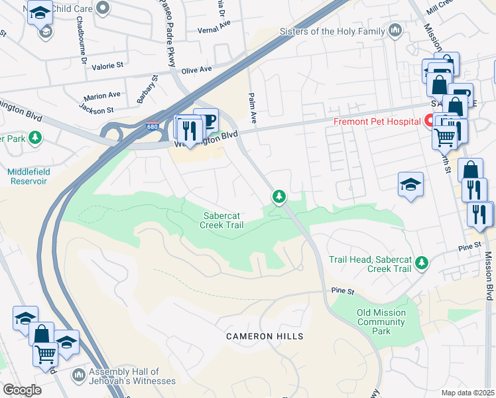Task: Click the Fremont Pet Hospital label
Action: click(x=377, y=121)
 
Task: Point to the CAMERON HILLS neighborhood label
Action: click(x=265, y=336)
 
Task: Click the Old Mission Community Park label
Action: click(x=381, y=322)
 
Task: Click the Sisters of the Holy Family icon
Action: click(x=395, y=31)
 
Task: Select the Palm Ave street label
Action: click(x=253, y=108)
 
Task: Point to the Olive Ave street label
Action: click(x=196, y=69)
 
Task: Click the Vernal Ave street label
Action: click(x=214, y=31)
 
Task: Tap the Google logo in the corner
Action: click(x=21, y=390)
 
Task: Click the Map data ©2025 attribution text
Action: click(x=467, y=393)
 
